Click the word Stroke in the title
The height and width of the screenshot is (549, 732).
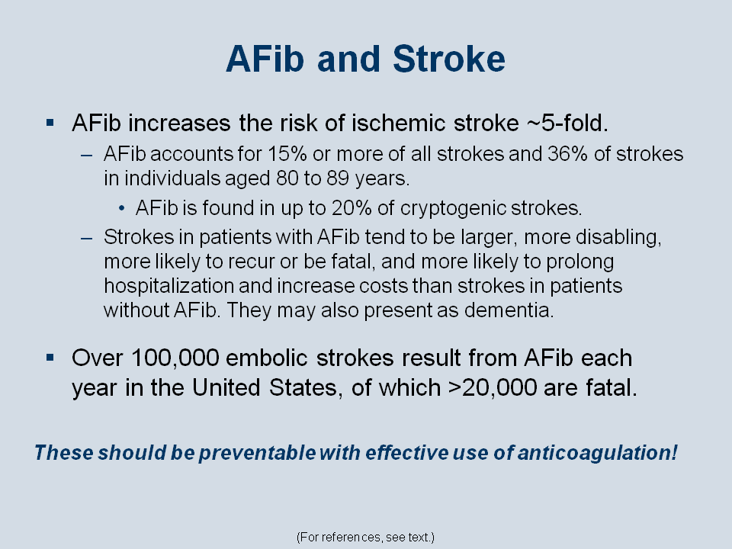coord(449,59)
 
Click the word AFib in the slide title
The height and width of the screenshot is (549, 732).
coord(265,59)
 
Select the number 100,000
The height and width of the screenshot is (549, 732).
coord(175,358)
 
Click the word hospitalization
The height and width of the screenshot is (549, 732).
coord(169,286)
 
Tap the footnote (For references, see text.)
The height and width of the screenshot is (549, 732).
coord(365,538)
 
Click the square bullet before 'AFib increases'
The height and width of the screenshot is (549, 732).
coord(50,123)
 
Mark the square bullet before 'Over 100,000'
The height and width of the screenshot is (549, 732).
coord(50,358)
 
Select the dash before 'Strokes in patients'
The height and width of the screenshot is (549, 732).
coord(86,239)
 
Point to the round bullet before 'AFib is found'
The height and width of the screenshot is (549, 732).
coord(122,208)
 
